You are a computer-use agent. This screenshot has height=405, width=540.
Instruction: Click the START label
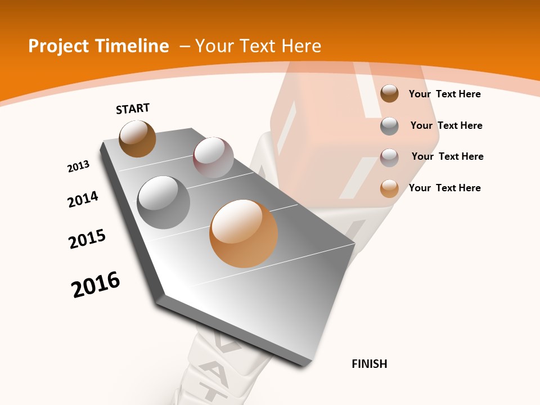tap(133, 109)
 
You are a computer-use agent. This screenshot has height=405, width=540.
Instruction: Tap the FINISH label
tap(369, 364)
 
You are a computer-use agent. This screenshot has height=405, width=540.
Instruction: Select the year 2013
tap(79, 166)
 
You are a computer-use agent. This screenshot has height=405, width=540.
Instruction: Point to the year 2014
tap(83, 199)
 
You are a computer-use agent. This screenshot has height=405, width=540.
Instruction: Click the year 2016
tap(96, 285)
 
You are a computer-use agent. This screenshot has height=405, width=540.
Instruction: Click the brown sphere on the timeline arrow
tap(137, 138)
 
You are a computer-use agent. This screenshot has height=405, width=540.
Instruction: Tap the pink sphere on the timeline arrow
tap(213, 157)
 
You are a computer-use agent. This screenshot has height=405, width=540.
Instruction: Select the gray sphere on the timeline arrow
tap(164, 202)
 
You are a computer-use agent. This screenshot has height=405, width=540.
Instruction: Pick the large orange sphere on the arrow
tap(244, 233)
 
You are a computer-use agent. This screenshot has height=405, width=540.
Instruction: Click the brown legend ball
tap(389, 93)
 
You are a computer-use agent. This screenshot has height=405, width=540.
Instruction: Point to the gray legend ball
tap(389, 126)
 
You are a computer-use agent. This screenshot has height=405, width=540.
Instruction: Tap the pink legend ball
tap(389, 157)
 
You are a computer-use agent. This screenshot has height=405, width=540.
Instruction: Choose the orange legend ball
tap(389, 188)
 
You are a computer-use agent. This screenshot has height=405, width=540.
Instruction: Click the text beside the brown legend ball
tap(444, 94)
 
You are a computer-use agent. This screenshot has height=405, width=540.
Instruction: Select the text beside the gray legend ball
tap(446, 125)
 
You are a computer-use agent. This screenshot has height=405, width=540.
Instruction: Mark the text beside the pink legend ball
tap(447, 156)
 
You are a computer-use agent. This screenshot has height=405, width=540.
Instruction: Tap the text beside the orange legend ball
tap(444, 188)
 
